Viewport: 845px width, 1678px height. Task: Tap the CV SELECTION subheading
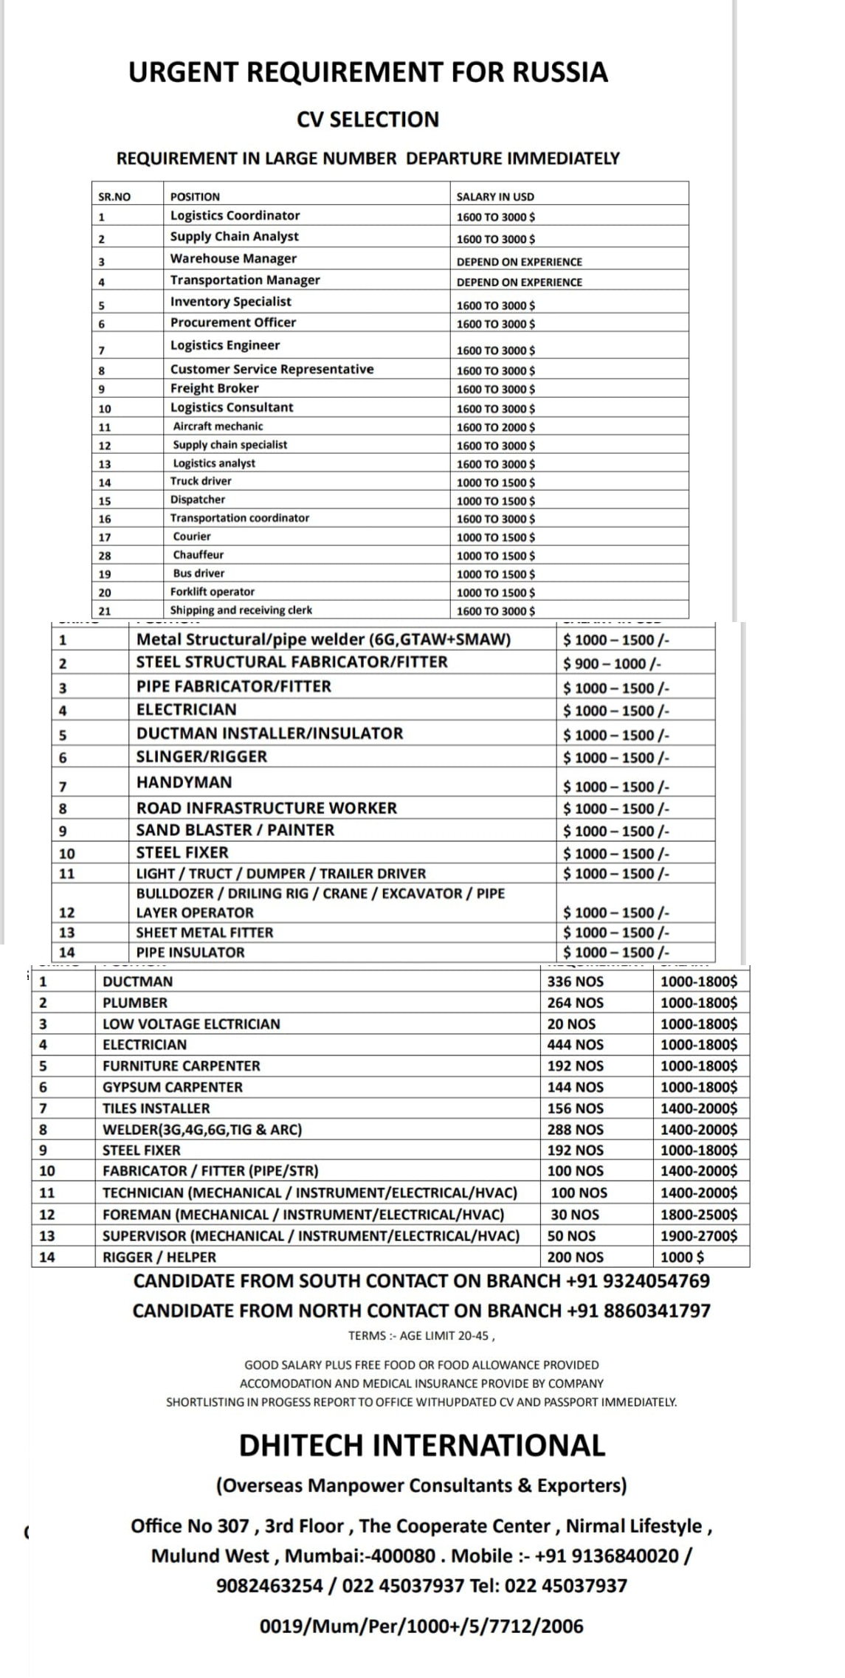coord(368,120)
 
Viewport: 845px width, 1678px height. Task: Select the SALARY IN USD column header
coord(495,197)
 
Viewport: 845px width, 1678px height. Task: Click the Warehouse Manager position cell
coord(233,259)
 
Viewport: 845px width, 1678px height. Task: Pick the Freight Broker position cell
coord(214,389)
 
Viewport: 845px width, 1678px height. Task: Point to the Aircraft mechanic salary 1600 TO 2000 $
coord(496,427)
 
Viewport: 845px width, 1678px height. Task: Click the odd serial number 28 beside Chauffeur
coord(105,556)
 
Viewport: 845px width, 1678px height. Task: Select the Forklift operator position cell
coord(212,592)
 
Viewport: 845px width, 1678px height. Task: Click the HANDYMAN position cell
coord(184,782)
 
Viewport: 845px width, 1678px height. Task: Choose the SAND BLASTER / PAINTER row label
coord(235,830)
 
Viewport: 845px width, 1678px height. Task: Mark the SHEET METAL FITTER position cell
coord(204,933)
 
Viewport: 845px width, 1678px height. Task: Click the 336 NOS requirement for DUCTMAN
coord(575,981)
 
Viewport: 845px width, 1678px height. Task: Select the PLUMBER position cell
coord(135,1003)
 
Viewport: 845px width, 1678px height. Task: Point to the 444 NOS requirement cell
coord(575,1045)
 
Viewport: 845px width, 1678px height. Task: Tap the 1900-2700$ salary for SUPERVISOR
coord(698,1236)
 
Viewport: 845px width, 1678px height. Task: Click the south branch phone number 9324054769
coord(656,1281)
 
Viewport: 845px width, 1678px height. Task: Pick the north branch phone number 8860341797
coord(657,1311)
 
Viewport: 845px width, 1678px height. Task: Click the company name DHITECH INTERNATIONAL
coord(421,1445)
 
